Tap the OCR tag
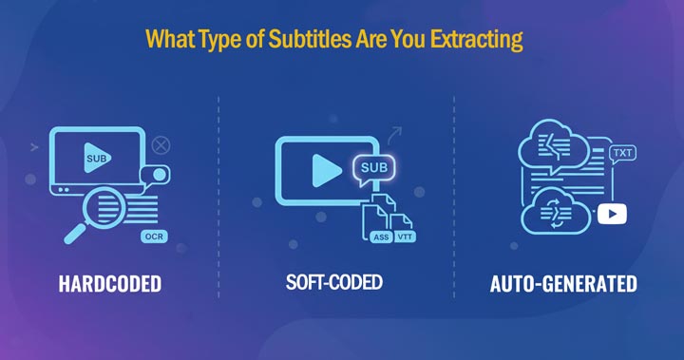(151, 236)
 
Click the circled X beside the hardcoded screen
(161, 145)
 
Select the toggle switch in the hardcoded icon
(152, 175)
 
